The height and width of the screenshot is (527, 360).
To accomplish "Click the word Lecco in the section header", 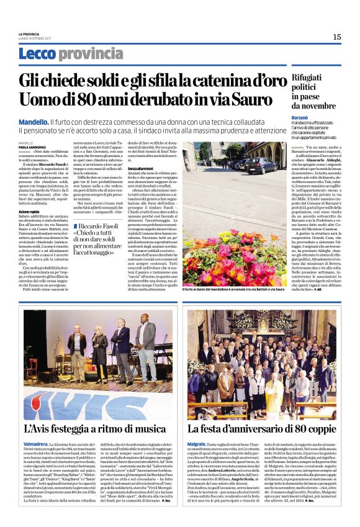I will [37, 54].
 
